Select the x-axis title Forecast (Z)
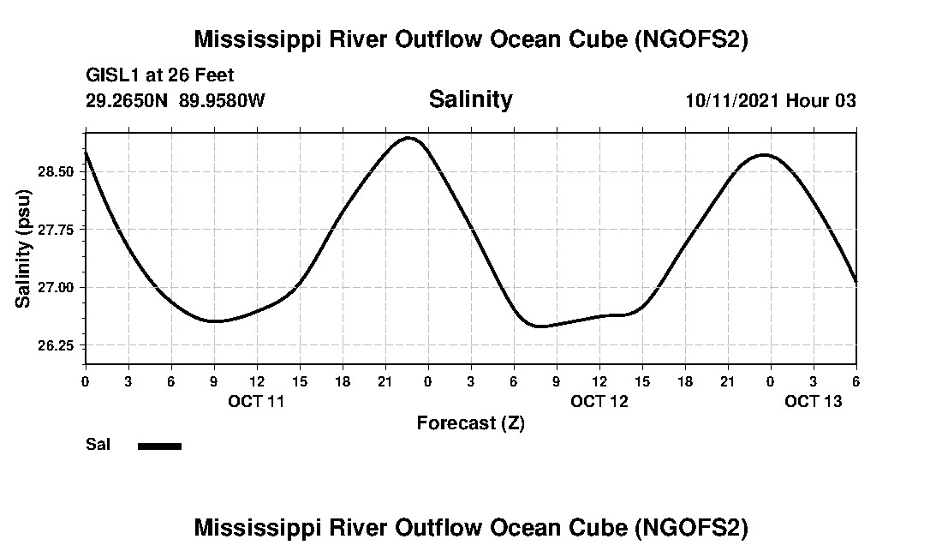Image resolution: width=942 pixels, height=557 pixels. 470,423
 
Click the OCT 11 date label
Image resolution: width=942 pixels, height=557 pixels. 256,401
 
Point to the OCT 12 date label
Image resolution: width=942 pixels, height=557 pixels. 599,401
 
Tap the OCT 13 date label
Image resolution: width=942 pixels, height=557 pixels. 814,401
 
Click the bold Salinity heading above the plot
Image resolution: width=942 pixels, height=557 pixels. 470,99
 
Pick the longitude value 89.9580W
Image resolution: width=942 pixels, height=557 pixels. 222,100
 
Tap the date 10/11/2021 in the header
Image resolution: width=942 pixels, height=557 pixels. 732,100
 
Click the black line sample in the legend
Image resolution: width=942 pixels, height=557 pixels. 159,446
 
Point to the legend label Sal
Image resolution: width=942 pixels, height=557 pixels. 98,445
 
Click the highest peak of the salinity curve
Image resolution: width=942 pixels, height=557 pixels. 409,137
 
